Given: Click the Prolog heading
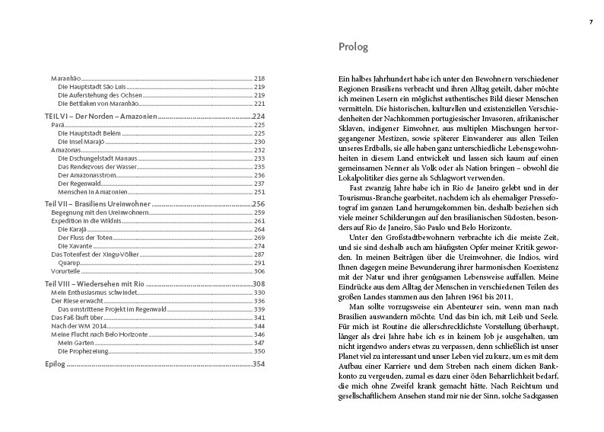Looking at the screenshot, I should point(353,47).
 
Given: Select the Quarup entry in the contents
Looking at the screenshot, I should point(70,261).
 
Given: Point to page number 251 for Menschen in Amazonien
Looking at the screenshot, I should point(258,190).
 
